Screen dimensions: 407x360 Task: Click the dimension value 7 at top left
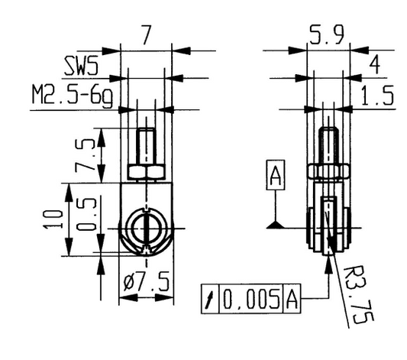point(146,35)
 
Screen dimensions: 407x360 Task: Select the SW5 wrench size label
point(82,66)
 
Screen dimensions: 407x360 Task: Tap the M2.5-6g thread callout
point(73,96)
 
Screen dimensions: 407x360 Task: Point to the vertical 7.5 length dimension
point(85,156)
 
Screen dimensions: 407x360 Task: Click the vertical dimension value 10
point(53,219)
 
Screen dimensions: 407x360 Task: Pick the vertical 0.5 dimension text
point(87,215)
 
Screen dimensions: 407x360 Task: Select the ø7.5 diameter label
point(147,282)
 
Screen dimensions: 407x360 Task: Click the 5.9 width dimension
point(327,34)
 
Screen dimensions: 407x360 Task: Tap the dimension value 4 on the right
point(374,64)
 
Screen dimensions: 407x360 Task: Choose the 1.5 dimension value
point(377,96)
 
